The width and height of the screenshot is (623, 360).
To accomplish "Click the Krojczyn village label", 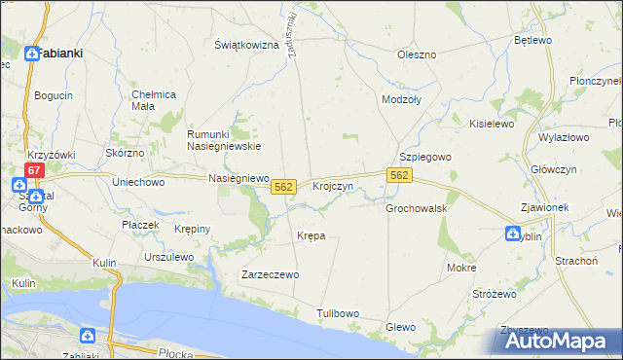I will pyautogui.click(x=332, y=186).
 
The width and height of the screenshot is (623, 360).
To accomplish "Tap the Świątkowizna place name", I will pyautogui.click(x=246, y=45).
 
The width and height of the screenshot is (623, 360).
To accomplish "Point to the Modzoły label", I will pyautogui.click(x=403, y=100).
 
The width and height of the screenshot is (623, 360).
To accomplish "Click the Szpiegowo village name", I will pyautogui.click(x=427, y=157).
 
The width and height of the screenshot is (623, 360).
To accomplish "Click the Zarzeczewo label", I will pyautogui.click(x=270, y=274).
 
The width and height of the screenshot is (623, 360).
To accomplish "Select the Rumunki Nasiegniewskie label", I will pyautogui.click(x=224, y=140).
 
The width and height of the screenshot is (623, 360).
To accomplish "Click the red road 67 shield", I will pyautogui.click(x=34, y=170).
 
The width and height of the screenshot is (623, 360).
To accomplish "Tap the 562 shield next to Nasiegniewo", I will pyautogui.click(x=283, y=186).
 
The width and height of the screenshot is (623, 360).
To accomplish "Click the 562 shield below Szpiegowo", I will pyautogui.click(x=399, y=174).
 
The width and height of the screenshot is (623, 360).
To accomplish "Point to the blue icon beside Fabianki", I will pyautogui.click(x=31, y=55).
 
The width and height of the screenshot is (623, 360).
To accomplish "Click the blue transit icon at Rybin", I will pyautogui.click(x=512, y=234).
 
